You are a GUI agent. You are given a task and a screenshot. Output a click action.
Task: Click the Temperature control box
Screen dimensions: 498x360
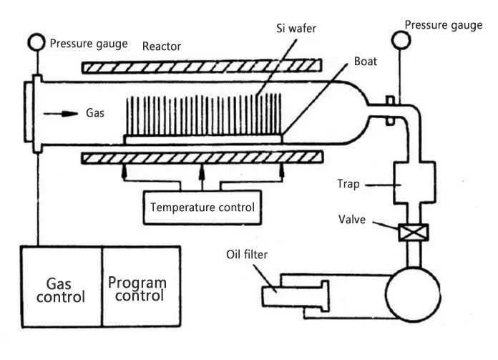(x=202, y=208)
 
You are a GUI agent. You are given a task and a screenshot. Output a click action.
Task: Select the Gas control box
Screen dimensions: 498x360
(x=62, y=286)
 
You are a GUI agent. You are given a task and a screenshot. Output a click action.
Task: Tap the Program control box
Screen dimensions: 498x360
(x=142, y=286)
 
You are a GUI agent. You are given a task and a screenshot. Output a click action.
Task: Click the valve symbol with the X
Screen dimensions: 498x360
(x=413, y=233)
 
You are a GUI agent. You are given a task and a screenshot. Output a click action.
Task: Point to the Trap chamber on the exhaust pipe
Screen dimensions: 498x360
(x=414, y=183)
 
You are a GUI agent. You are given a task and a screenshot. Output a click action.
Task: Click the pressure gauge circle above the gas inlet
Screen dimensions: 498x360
(x=36, y=42)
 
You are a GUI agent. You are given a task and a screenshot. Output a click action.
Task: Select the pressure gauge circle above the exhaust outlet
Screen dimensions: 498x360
(x=401, y=40)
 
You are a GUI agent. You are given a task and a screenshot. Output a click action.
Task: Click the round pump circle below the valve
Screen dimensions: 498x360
(x=413, y=295)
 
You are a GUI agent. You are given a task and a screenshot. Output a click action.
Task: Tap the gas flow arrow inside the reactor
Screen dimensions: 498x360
(x=61, y=113)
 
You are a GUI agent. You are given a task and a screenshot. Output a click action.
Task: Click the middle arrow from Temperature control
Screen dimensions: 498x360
(x=202, y=178)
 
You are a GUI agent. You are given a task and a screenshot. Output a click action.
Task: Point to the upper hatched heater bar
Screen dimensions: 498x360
(x=202, y=67)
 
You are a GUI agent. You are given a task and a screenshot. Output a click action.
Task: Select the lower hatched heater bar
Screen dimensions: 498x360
(x=202, y=157)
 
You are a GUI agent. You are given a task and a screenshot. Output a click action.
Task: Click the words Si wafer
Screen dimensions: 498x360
(x=296, y=29)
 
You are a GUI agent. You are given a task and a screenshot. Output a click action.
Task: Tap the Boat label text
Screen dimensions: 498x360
(x=365, y=62)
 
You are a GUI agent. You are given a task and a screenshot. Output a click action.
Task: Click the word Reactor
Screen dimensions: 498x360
(x=161, y=47)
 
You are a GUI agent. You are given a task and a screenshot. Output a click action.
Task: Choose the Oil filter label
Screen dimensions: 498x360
(x=247, y=255)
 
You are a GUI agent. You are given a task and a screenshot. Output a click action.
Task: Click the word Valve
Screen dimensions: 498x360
(x=351, y=220)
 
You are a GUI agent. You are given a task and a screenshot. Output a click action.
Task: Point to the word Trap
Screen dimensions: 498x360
(x=348, y=184)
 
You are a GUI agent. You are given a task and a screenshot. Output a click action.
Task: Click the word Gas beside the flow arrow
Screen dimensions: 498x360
(x=95, y=113)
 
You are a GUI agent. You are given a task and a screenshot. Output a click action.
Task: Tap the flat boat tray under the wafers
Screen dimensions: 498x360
(x=203, y=139)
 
